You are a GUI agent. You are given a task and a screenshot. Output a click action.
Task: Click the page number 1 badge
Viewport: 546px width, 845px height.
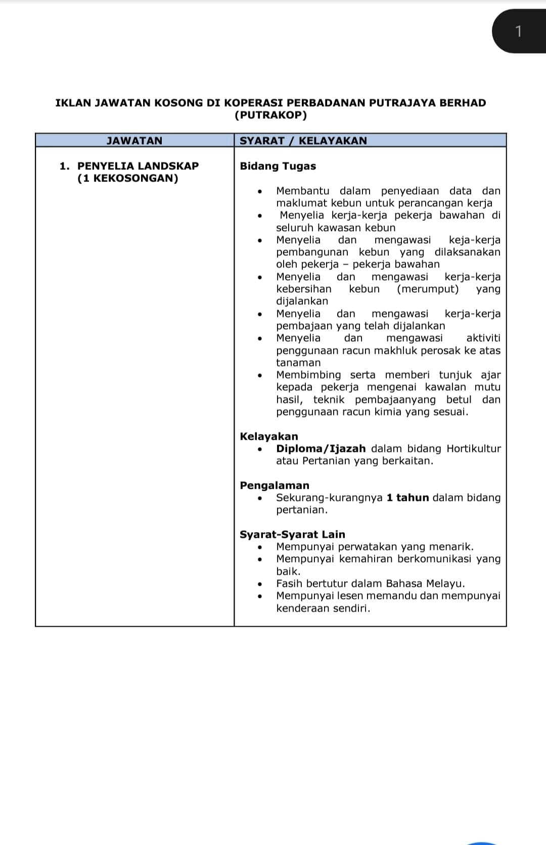pyautogui.click(x=518, y=31)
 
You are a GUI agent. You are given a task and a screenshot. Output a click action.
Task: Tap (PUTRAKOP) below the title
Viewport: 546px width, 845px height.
pyautogui.click(x=270, y=115)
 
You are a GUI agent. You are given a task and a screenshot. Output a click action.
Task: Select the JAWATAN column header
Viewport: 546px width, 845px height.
pyautogui.click(x=134, y=140)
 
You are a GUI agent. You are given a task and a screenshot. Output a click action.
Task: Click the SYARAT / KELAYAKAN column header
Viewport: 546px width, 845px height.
pyautogui.click(x=303, y=140)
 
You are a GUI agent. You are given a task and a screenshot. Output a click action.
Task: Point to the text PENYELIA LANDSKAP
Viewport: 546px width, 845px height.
pyautogui.click(x=138, y=166)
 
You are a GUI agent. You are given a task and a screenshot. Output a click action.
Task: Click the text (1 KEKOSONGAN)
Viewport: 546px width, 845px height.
pyautogui.click(x=128, y=178)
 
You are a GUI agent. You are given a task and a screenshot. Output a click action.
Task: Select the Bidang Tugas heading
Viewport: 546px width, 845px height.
pyautogui.click(x=278, y=166)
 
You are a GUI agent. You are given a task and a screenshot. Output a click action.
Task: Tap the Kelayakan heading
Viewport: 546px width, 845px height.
pyautogui.click(x=269, y=436)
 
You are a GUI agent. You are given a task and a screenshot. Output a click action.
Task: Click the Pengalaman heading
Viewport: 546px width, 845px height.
pyautogui.click(x=275, y=485)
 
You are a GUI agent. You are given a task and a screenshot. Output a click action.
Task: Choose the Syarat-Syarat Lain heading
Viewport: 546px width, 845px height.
pyautogui.click(x=292, y=534)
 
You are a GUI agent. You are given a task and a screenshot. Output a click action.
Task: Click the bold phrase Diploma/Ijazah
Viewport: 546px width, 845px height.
pyautogui.click(x=321, y=449)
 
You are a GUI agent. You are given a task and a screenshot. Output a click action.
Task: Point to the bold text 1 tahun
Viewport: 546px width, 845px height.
pyautogui.click(x=407, y=498)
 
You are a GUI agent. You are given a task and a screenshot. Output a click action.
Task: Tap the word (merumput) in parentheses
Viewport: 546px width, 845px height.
pyautogui.click(x=428, y=289)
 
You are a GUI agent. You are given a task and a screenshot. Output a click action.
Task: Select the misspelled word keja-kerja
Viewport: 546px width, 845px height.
pyautogui.click(x=474, y=240)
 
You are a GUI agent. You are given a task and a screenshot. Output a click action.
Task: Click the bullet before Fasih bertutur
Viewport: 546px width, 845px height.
pyautogui.click(x=260, y=584)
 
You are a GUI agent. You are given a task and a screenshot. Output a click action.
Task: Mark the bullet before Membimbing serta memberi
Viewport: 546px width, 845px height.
pyautogui.click(x=260, y=375)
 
